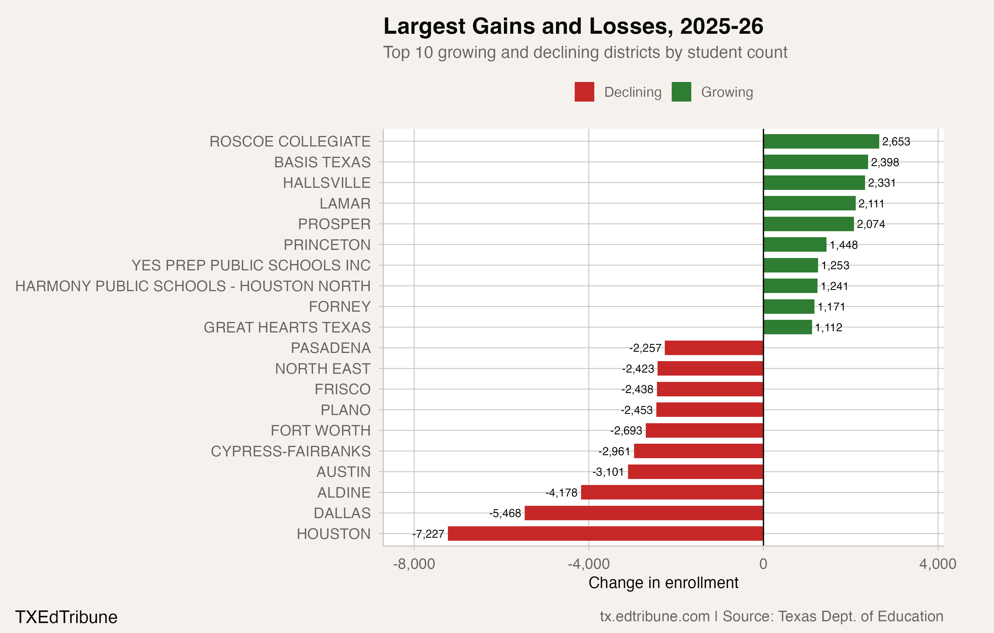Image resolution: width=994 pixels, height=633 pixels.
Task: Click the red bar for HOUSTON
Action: point(605,534)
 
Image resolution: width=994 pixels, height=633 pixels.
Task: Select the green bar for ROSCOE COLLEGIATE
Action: point(821,141)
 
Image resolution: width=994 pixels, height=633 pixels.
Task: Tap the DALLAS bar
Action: point(644,513)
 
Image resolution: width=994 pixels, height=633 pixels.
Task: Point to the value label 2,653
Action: point(896,142)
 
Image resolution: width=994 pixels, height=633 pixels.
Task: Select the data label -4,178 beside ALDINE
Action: point(561,493)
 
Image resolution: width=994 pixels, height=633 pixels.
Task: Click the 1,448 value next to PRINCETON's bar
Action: point(843,245)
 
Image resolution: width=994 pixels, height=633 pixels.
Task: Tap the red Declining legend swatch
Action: point(584,92)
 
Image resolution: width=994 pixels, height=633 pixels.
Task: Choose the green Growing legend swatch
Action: point(681,92)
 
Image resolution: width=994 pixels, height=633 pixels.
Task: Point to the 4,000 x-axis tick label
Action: point(937,564)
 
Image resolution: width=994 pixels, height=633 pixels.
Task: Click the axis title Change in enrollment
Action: point(663,583)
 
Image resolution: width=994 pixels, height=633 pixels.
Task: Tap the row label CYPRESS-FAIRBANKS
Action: point(291,451)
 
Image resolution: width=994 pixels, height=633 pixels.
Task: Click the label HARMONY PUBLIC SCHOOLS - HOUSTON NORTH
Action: point(193,286)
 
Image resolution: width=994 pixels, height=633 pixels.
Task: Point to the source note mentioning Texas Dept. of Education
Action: point(771,616)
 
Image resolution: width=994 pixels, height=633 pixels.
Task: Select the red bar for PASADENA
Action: point(714,348)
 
